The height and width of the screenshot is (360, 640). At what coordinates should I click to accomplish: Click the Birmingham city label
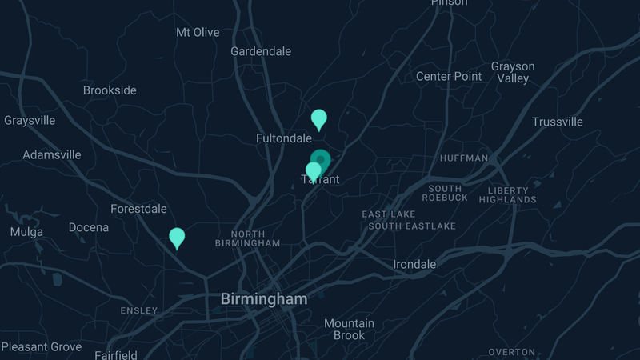(263, 299)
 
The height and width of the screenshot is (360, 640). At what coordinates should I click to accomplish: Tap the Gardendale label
(261, 51)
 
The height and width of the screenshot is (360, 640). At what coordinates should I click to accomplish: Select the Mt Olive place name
(197, 33)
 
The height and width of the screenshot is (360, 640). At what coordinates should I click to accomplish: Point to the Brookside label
(110, 90)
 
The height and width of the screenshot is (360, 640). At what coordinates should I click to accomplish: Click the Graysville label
(30, 121)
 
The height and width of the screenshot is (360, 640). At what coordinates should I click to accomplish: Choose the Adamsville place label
(52, 154)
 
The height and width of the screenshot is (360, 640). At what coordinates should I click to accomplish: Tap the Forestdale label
(138, 209)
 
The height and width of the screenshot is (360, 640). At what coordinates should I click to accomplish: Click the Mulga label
(26, 232)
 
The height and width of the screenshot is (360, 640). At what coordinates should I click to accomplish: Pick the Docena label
(88, 228)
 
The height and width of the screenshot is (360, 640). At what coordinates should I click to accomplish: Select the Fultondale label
(283, 138)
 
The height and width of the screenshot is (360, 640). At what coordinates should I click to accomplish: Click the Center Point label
(449, 77)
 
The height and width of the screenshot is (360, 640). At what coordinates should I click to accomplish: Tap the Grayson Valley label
(513, 72)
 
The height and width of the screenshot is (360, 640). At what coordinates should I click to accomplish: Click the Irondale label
(414, 264)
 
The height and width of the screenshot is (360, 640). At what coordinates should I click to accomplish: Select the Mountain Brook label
(349, 329)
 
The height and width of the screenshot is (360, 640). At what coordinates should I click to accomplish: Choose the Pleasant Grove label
(42, 347)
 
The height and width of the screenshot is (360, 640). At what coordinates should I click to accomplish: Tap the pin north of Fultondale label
(318, 119)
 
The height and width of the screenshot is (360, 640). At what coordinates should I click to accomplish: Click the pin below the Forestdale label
(177, 238)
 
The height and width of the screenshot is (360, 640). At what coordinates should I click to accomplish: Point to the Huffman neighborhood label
(464, 158)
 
